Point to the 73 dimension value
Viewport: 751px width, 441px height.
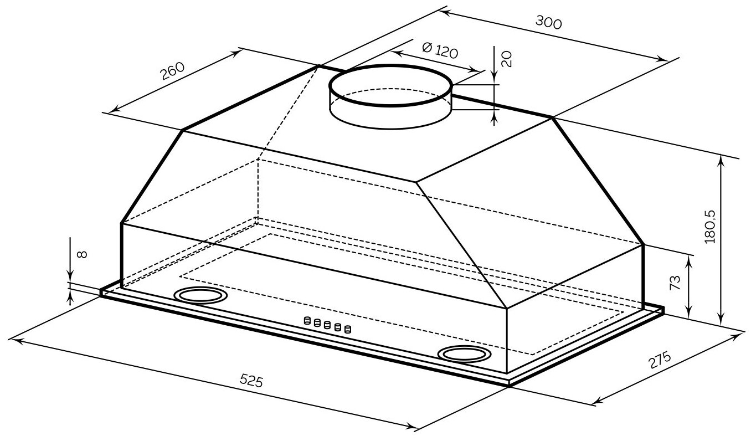[674, 284]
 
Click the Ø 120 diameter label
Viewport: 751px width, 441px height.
[440, 51]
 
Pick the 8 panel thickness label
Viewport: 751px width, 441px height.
[81, 254]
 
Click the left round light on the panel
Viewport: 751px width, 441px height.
[200, 296]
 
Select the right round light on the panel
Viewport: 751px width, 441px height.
[463, 353]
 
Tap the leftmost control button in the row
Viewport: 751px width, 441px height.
[306, 320]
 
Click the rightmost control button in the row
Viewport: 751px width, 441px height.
[347, 330]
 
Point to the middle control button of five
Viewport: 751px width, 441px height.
[327, 325]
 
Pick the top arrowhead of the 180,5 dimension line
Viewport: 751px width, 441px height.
[721, 160]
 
